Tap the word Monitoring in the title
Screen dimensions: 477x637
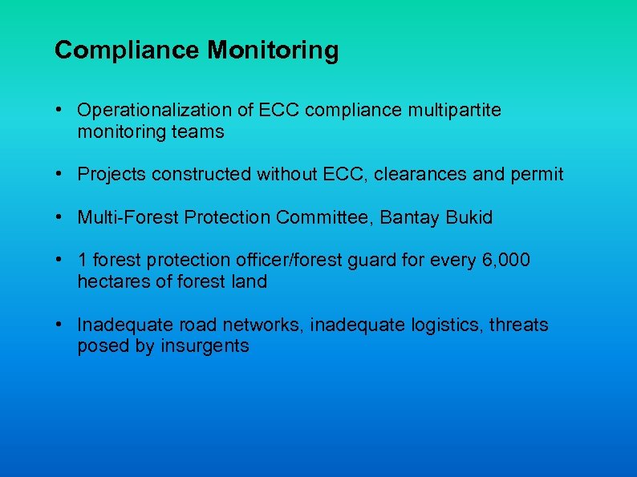click(x=273, y=51)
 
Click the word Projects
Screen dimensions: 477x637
click(x=108, y=174)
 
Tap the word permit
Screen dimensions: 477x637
click(x=539, y=174)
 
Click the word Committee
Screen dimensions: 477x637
click(x=327, y=217)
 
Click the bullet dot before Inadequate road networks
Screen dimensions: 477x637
click(x=60, y=325)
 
